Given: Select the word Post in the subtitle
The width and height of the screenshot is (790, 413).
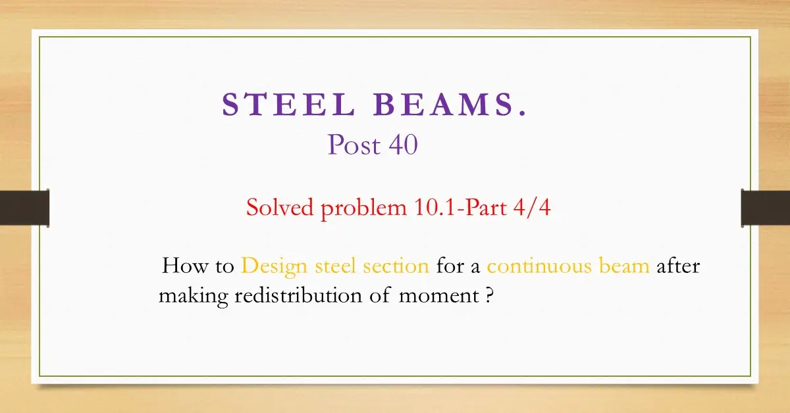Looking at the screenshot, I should coord(353,145).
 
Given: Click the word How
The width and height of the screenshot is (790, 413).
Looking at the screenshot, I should coord(182,266).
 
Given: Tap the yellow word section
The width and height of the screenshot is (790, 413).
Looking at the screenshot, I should coord(396,266).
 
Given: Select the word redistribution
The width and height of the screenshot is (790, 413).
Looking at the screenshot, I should coord(297,295).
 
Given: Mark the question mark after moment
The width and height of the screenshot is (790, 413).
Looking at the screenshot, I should coord(489,295).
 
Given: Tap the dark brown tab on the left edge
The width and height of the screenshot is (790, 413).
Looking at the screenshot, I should coord(24,208).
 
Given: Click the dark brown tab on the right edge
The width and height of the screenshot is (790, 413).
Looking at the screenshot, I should coord(765,208).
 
